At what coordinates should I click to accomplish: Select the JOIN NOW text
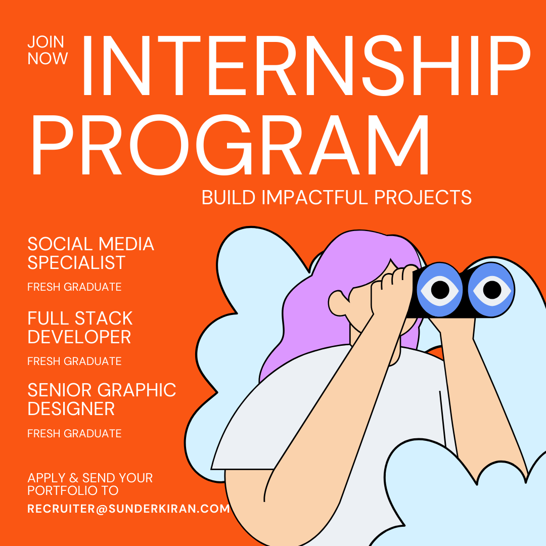(x=48, y=51)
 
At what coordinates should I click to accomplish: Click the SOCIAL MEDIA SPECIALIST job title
(x=90, y=253)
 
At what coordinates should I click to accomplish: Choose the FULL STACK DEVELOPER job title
(x=80, y=328)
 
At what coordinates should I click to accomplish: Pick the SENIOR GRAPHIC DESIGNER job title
(x=102, y=399)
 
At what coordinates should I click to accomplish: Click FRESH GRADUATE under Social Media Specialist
(x=74, y=287)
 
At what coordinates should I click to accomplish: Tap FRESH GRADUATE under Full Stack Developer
(x=74, y=361)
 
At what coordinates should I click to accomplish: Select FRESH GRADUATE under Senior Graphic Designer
(x=74, y=434)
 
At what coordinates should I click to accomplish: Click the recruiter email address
(x=128, y=509)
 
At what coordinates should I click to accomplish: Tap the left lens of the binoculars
(x=440, y=290)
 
